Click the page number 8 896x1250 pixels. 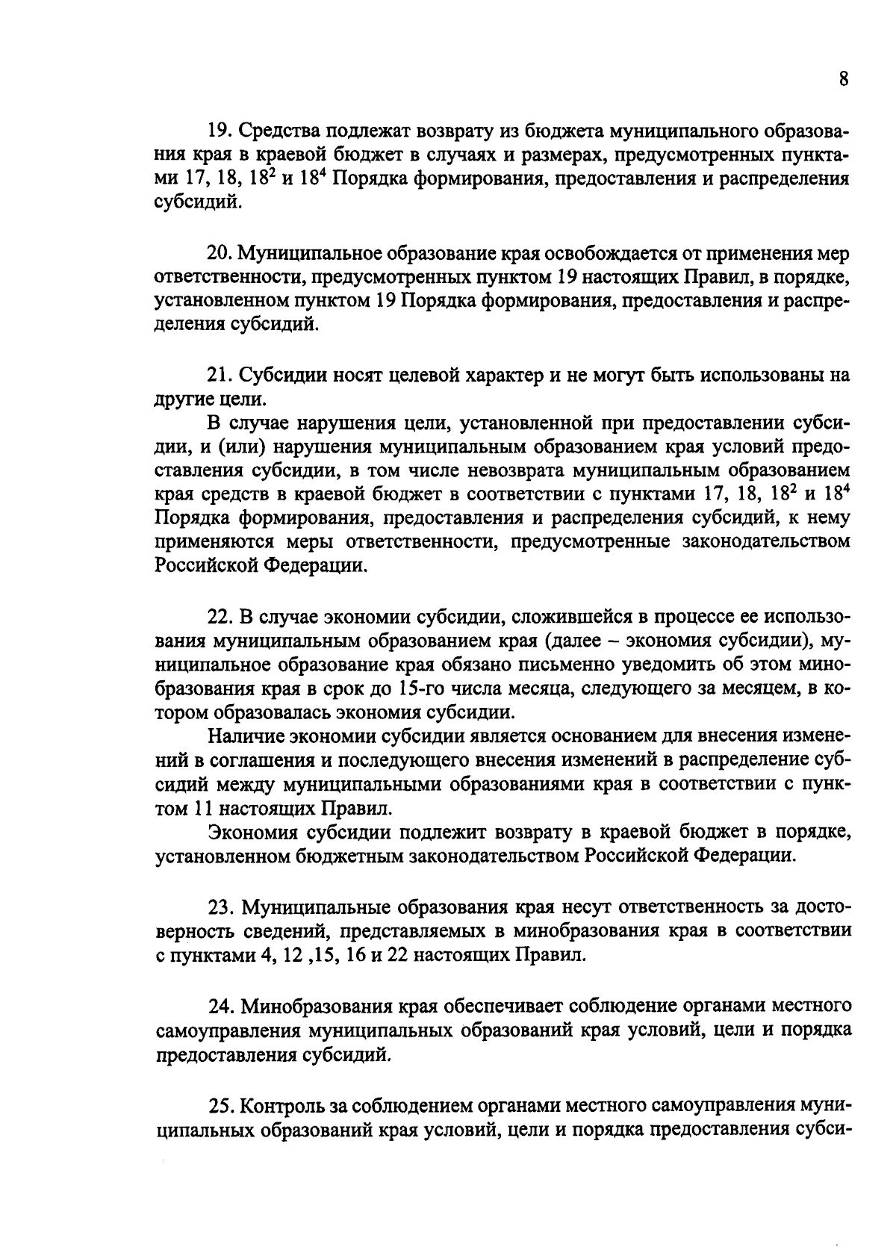pyautogui.click(x=843, y=80)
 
